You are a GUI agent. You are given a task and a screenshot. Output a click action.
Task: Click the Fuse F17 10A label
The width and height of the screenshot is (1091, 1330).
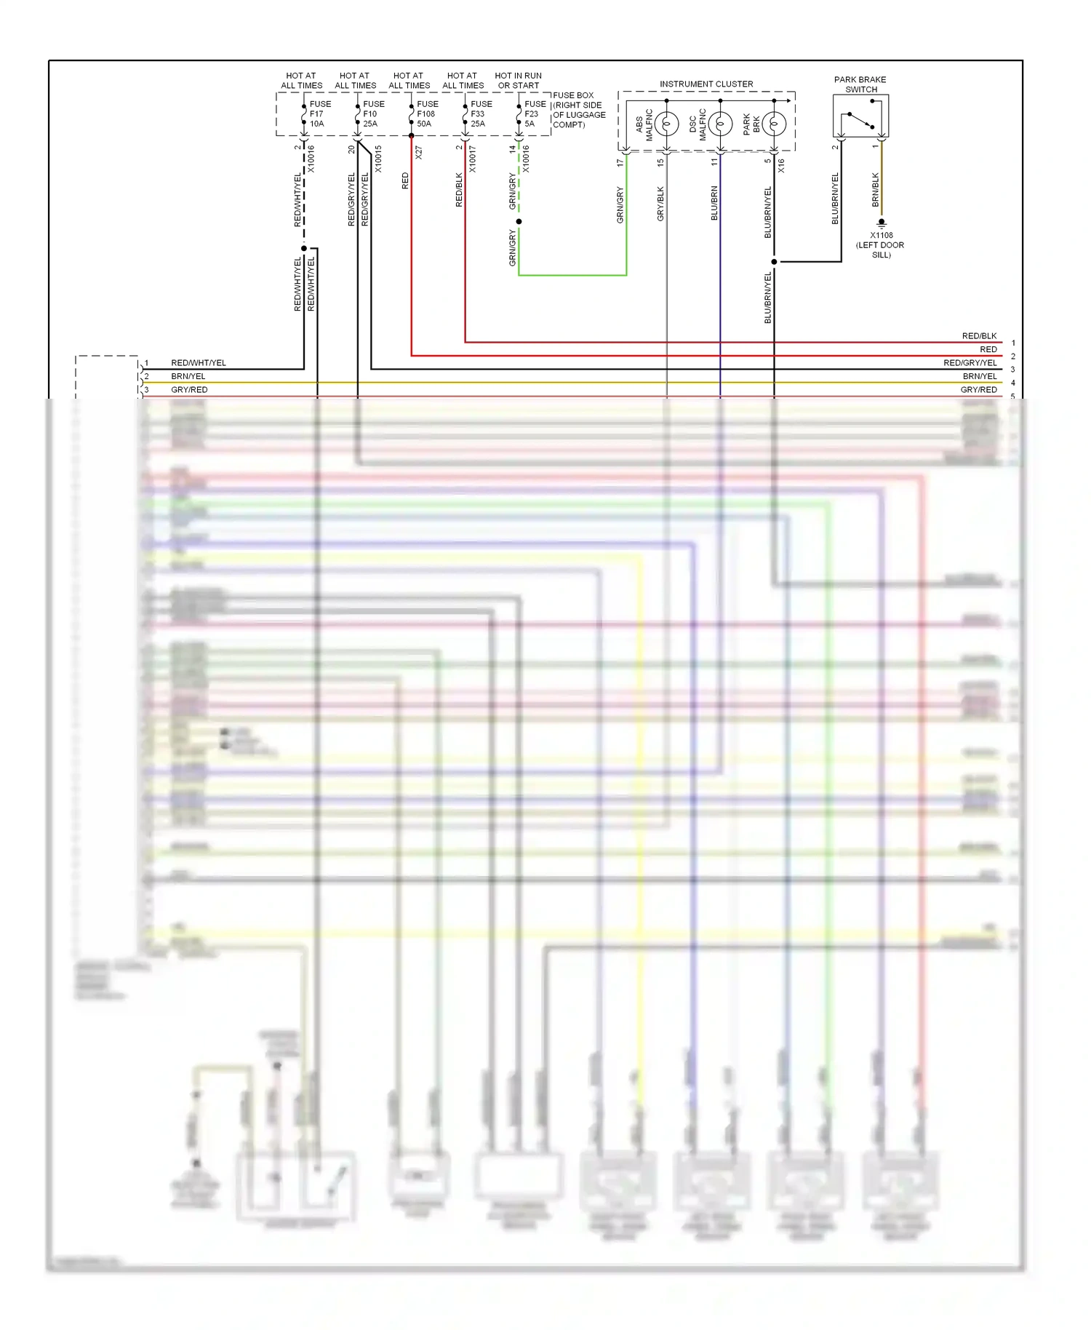(x=318, y=114)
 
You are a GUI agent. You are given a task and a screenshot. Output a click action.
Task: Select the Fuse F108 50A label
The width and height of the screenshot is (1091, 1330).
(x=426, y=114)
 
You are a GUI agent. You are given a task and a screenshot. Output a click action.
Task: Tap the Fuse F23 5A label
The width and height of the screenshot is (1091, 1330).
(x=533, y=114)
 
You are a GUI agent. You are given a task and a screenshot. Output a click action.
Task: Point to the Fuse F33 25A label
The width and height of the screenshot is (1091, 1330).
(x=480, y=114)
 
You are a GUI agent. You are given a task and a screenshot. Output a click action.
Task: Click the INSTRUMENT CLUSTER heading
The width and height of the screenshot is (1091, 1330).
(x=706, y=84)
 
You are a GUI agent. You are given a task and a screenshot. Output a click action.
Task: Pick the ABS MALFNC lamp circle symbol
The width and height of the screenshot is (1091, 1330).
(x=666, y=124)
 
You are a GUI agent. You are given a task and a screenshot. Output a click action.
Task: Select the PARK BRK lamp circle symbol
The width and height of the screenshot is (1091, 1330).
(x=774, y=124)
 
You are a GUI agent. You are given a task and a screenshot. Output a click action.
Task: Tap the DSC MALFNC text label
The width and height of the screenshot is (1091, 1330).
(x=698, y=124)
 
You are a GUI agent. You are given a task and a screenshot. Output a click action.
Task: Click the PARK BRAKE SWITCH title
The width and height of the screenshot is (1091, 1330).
(x=860, y=84)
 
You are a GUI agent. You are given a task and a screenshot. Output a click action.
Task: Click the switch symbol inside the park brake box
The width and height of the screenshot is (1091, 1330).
(x=860, y=119)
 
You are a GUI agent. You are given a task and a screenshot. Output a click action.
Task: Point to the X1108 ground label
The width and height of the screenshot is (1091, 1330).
(x=881, y=236)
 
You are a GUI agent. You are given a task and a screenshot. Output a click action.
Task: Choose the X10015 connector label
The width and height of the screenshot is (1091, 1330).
(x=378, y=159)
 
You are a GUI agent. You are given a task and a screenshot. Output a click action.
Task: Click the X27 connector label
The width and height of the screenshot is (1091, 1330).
(x=419, y=153)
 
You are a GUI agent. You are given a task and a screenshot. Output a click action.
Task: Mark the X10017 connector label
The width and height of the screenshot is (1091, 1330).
(x=473, y=159)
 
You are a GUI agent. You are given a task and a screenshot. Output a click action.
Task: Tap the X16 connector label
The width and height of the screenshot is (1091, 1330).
(x=782, y=165)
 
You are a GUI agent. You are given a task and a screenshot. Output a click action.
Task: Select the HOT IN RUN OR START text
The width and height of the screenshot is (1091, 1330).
(x=518, y=80)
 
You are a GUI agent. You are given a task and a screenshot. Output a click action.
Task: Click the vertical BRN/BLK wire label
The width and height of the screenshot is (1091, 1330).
(x=876, y=189)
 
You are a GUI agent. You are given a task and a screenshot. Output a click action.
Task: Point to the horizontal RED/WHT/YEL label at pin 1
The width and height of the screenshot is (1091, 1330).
(x=199, y=363)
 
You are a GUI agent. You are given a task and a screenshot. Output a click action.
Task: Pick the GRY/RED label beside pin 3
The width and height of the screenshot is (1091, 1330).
(x=189, y=390)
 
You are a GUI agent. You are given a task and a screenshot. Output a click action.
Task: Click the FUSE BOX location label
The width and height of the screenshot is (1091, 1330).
(x=579, y=110)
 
